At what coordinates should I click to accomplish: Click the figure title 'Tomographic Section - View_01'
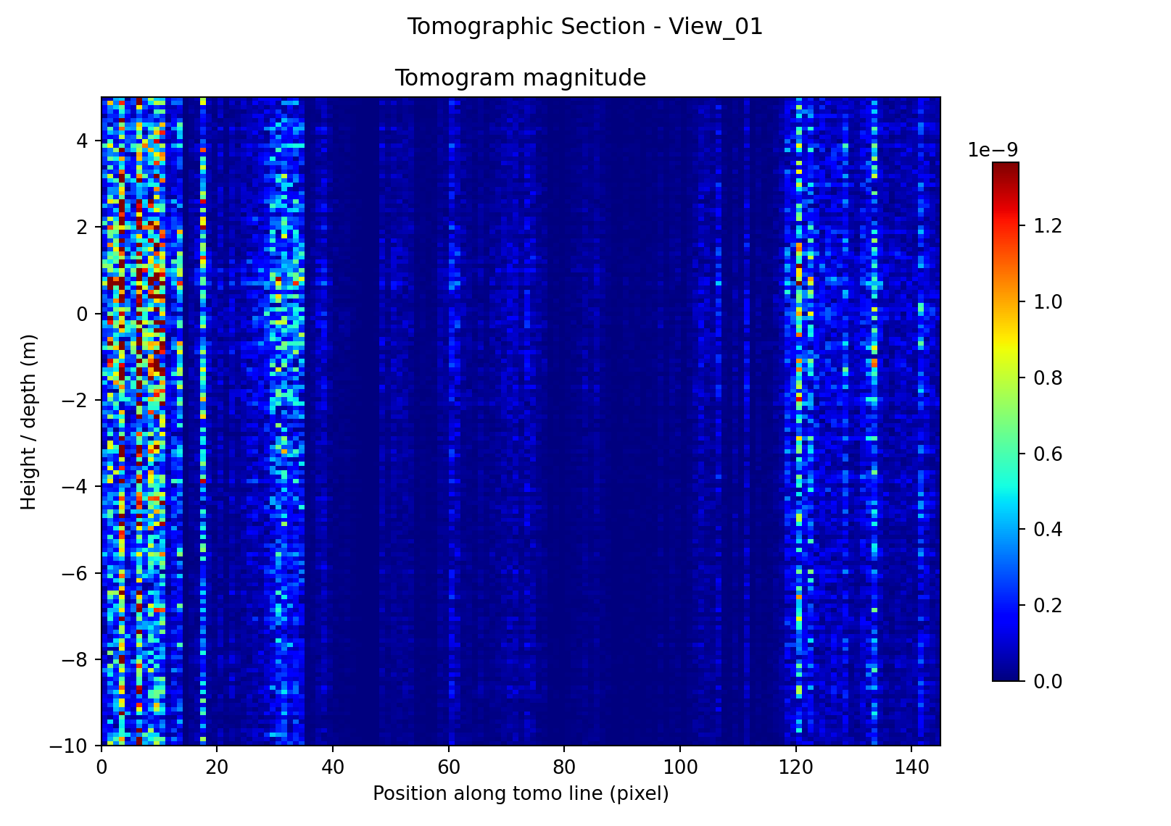[x=584, y=27]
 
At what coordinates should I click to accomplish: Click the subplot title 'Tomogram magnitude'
[x=520, y=78]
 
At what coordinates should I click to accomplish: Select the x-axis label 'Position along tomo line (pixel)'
[x=520, y=793]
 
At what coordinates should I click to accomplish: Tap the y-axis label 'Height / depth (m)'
[x=28, y=422]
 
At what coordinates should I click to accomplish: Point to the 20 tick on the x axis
[x=217, y=766]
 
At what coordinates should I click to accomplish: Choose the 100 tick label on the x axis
[x=680, y=766]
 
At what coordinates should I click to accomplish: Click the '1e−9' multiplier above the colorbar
[x=993, y=150]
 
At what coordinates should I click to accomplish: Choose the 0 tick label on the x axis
[x=102, y=766]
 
